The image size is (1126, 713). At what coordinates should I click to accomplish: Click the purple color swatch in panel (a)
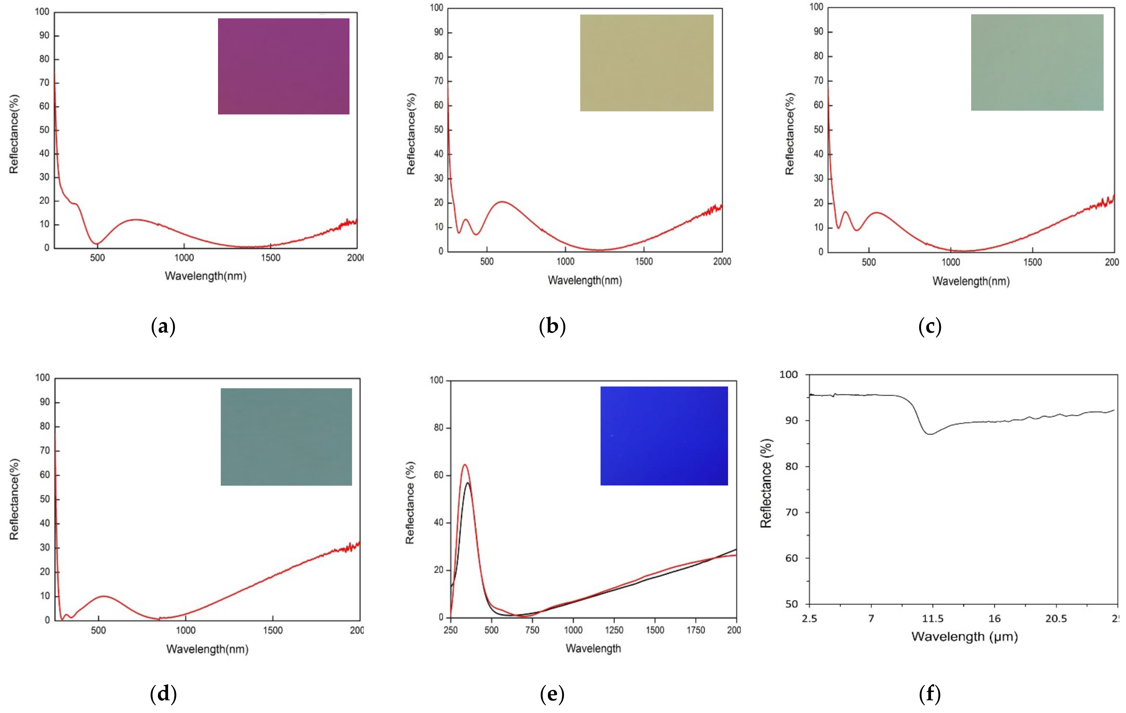click(283, 66)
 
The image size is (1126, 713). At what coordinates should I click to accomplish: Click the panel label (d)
click(163, 694)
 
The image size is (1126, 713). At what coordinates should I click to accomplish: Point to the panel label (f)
click(929, 694)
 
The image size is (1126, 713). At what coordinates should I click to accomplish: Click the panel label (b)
click(552, 326)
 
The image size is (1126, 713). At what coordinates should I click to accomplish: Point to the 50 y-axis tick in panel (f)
click(792, 604)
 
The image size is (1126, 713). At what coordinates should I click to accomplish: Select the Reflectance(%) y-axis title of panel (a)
click(14, 134)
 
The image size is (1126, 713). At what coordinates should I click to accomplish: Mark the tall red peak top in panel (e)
click(464, 465)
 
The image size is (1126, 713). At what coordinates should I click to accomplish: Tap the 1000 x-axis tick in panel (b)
click(565, 261)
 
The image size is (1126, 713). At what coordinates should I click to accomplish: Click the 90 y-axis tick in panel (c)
click(818, 32)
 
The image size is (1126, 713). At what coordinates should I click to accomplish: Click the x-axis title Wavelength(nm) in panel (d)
click(207, 649)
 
